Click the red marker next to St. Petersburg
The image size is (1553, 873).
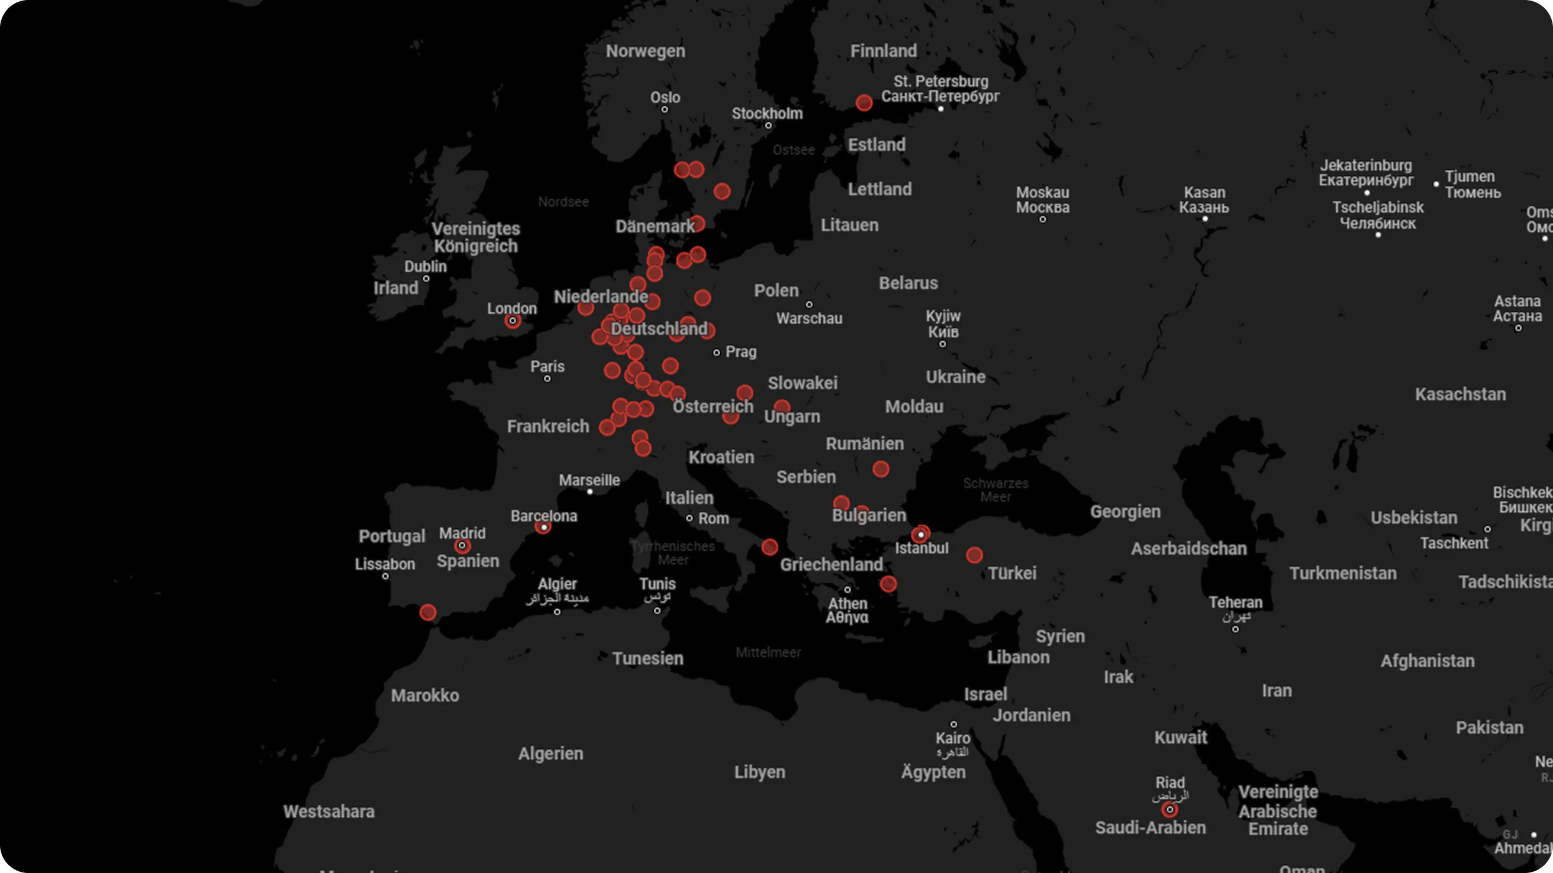864,102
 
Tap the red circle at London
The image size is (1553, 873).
513,321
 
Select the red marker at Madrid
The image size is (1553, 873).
462,546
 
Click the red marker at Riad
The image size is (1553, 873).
1169,809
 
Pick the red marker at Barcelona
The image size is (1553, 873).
543,527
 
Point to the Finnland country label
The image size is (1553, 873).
883,51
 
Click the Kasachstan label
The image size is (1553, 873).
1460,395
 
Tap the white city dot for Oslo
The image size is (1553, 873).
665,109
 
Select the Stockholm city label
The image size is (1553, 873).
767,114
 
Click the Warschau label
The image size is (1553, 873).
809,318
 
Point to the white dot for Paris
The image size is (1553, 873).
547,379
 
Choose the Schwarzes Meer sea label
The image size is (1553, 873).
995,490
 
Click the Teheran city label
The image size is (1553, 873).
1235,603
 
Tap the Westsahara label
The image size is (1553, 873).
328,811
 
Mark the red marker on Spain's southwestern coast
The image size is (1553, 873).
428,613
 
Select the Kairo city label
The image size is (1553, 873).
952,738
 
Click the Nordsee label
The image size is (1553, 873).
563,202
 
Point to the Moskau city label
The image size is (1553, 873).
1042,193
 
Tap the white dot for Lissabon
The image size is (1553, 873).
385,577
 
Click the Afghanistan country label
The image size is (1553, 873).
1427,661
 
